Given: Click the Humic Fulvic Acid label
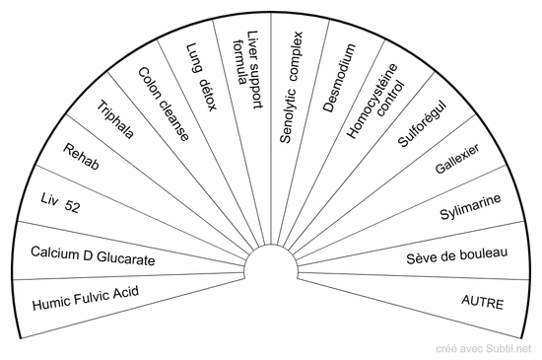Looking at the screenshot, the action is pyautogui.click(x=86, y=298).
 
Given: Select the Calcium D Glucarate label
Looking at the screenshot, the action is pyautogui.click(x=93, y=255).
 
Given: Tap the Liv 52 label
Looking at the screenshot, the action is pyautogui.click(x=60, y=203).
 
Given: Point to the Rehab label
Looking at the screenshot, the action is pyautogui.click(x=81, y=157).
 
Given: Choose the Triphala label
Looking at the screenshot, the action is pyautogui.click(x=115, y=119).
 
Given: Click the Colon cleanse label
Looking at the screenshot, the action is pyautogui.click(x=164, y=105).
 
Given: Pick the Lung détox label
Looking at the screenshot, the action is pyautogui.click(x=201, y=77).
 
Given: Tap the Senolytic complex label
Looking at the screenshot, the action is pyautogui.click(x=291, y=88).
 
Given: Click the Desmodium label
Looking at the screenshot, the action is pyautogui.click(x=339, y=78).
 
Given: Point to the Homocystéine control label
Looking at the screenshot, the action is pyautogui.click(x=375, y=101).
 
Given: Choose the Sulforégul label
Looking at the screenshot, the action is pyautogui.click(x=422, y=124).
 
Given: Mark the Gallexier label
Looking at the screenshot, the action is pyautogui.click(x=457, y=159).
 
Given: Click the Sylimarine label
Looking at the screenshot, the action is pyautogui.click(x=470, y=207).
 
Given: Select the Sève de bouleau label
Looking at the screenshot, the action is pyautogui.click(x=457, y=255).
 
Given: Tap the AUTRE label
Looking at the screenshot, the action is pyautogui.click(x=483, y=302).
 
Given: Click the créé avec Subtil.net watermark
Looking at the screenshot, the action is pyautogui.click(x=483, y=348).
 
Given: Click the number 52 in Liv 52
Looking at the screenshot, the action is pyautogui.click(x=73, y=206).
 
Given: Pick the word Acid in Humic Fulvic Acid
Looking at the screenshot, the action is pyautogui.click(x=126, y=293).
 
